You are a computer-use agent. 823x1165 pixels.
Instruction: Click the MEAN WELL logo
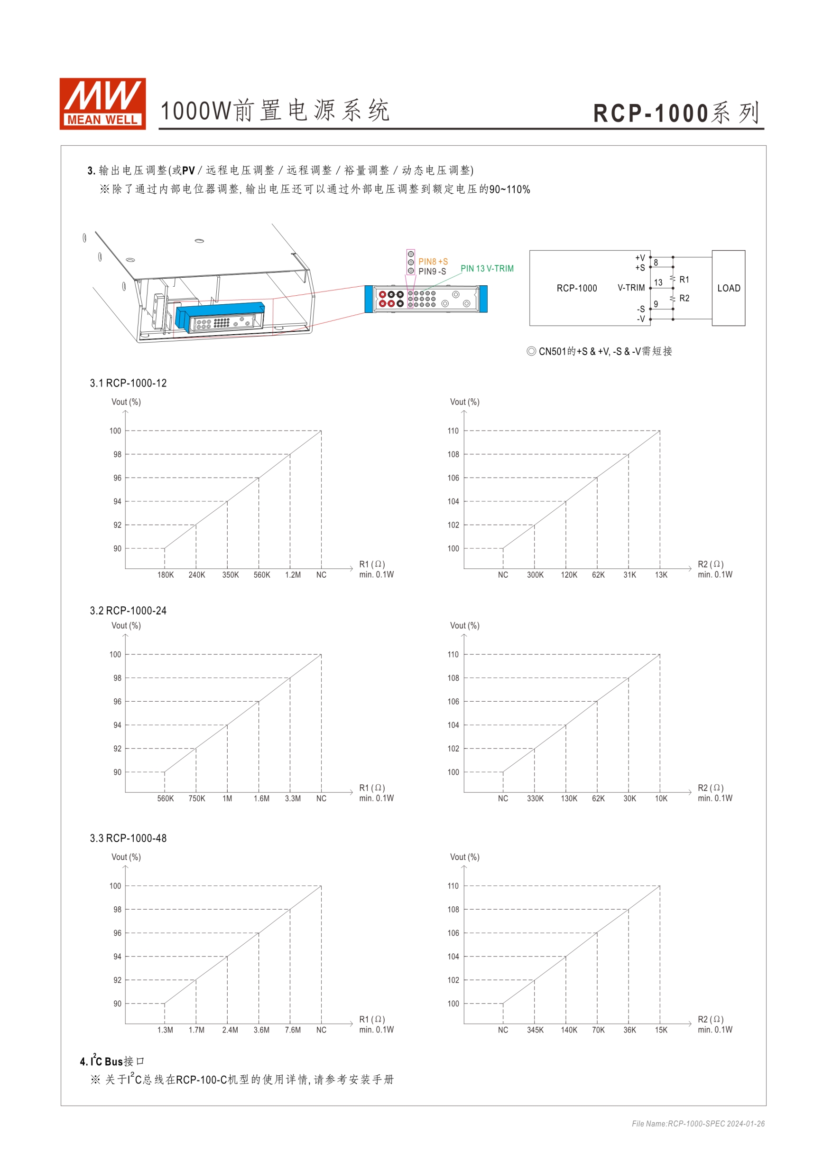(102, 103)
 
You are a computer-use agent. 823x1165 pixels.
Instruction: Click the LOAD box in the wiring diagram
(728, 288)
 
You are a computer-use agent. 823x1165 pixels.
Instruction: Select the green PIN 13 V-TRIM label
(487, 268)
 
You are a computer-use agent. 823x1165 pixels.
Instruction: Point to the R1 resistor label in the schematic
(684, 280)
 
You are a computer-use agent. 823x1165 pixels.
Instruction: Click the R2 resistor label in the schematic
(684, 298)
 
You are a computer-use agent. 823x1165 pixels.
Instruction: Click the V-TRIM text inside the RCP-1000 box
(631, 288)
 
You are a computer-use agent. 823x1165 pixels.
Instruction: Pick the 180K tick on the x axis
(165, 575)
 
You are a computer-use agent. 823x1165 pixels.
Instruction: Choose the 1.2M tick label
(293, 575)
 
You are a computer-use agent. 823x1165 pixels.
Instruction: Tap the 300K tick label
(535, 575)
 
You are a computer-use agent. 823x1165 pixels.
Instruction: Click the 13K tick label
(661, 575)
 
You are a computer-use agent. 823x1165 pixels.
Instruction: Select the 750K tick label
(197, 799)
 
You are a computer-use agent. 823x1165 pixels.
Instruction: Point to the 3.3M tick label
(293, 799)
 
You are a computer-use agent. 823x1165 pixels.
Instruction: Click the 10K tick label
(661, 799)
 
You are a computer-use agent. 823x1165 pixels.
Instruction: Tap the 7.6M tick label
(293, 1030)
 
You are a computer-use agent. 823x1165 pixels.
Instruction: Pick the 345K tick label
(535, 1030)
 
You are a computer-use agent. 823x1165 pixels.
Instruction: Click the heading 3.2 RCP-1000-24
(128, 611)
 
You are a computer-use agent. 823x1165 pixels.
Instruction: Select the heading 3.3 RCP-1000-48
(128, 838)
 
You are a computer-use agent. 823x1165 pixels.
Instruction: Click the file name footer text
(698, 1124)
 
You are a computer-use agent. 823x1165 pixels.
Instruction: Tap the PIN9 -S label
(432, 272)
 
